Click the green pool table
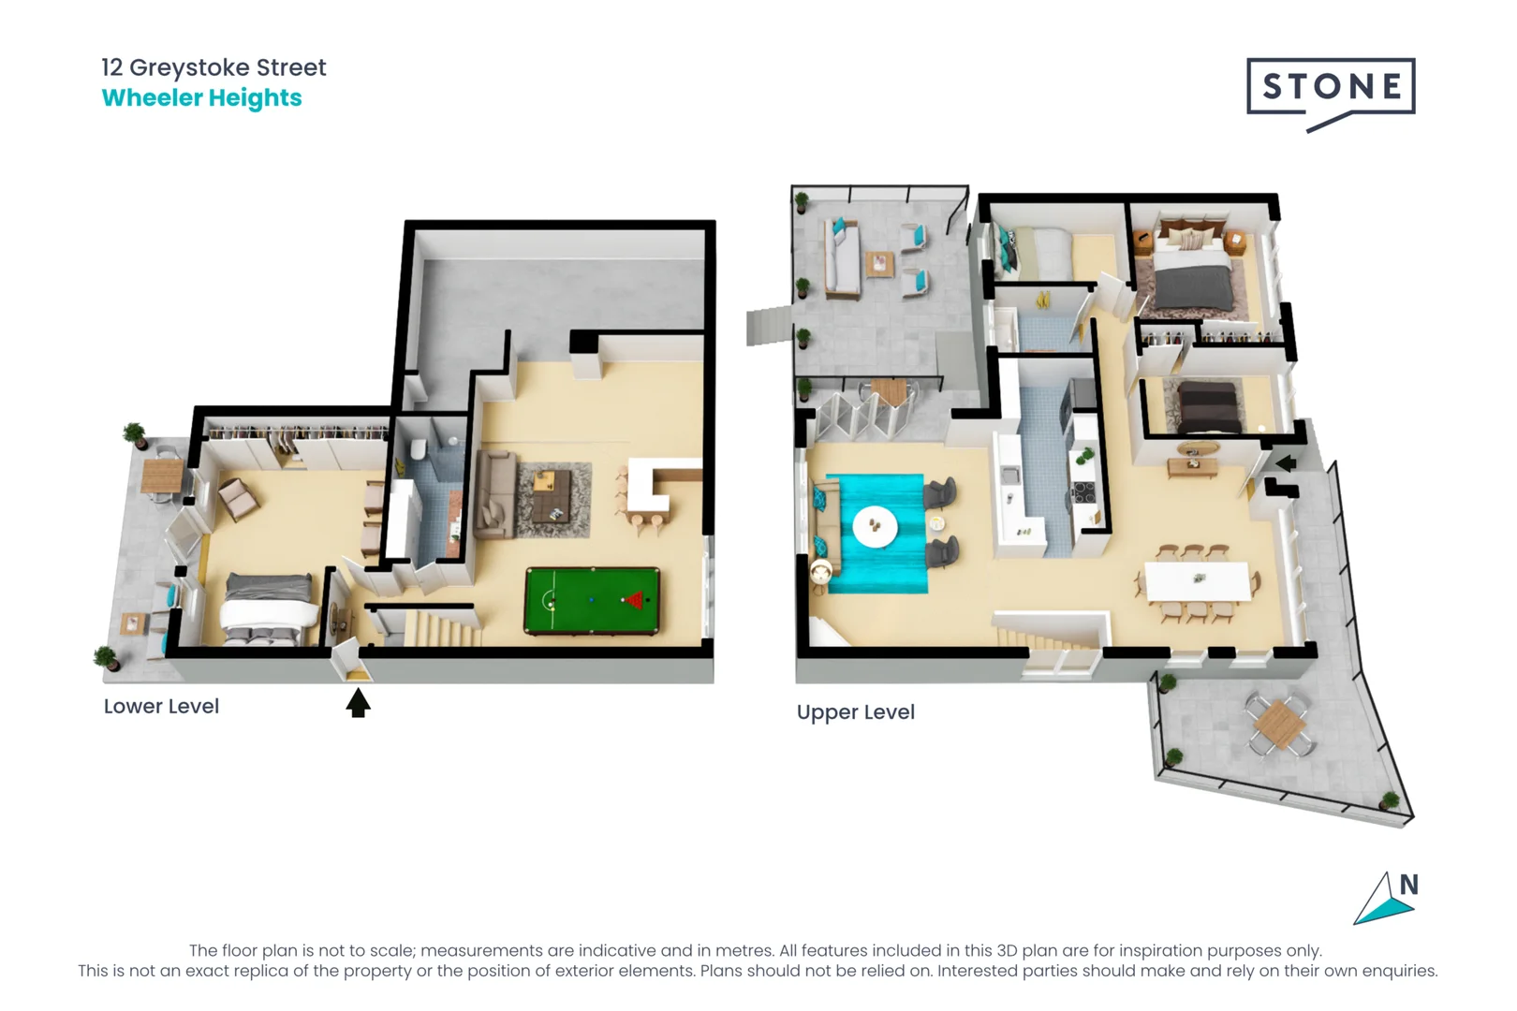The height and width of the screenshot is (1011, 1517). coord(592,600)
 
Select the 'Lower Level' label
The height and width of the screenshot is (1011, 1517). coord(161,707)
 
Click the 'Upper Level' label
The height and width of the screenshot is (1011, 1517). coord(855,712)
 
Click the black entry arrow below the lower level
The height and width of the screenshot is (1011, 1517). coord(358,703)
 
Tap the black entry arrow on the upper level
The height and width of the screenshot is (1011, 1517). coord(1286,462)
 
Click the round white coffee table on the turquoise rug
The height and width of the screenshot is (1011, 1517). coord(875,527)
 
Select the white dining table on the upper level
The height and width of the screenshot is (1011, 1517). coord(1197,581)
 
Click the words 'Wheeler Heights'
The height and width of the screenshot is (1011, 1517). coord(201,98)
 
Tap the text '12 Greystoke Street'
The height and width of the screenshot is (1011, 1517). coord(214,67)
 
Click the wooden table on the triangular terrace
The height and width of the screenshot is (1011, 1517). coord(1279,723)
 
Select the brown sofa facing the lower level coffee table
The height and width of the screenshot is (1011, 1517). coord(493,494)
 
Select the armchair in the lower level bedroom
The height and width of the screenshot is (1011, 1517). coord(238,499)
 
